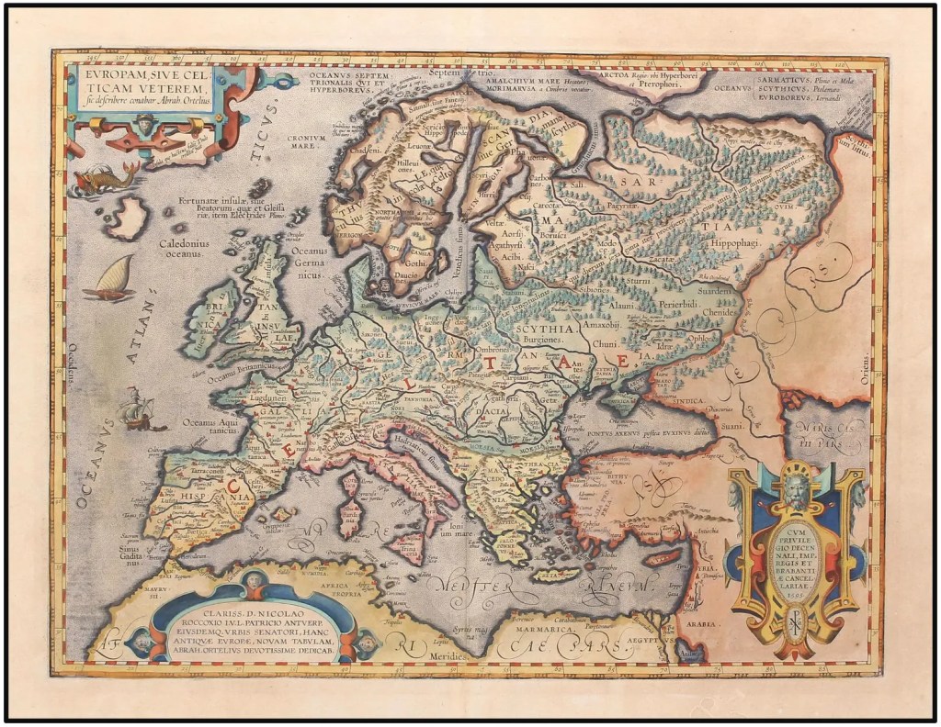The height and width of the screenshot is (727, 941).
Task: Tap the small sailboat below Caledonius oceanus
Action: [x=109, y=279]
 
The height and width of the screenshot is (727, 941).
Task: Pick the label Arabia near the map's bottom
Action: [x=703, y=621]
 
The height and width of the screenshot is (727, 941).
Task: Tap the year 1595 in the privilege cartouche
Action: [x=793, y=594]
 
